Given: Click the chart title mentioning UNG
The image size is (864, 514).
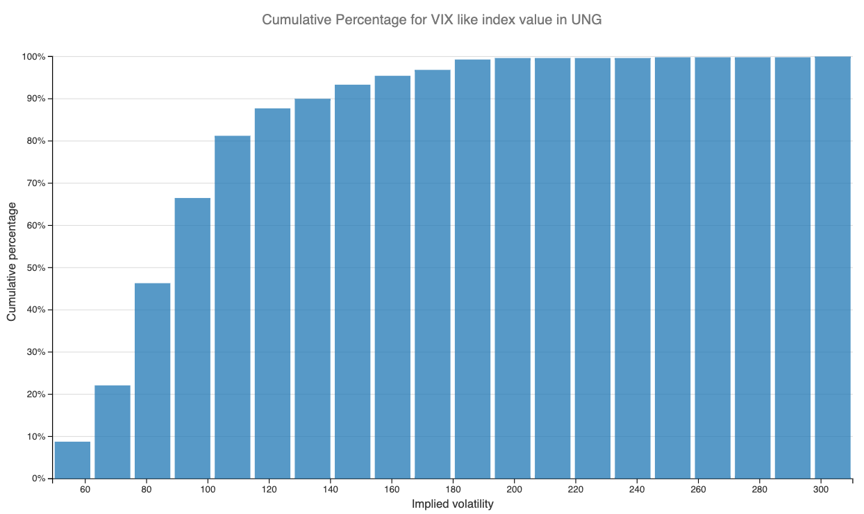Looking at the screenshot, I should pos(431,19).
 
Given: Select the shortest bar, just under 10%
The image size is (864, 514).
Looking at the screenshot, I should pos(72,460).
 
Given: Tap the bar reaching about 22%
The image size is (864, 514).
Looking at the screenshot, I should pos(113,431).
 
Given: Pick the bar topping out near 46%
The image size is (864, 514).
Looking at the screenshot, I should pos(152,381).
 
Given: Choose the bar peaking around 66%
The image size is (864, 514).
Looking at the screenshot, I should pos(192,338).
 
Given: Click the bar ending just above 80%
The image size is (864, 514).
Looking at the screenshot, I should pos(233,307).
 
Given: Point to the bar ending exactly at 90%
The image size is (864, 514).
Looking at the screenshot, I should pos(313,288).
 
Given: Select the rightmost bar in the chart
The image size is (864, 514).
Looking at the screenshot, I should pos(833,267).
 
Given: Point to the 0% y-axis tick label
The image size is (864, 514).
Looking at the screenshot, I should pos(39,479).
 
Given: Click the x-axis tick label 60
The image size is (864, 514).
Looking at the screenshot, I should pos(85,490).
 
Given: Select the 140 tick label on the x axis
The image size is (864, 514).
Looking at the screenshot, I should pos(331,490).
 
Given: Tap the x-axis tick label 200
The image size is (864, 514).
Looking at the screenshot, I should pos(515,490).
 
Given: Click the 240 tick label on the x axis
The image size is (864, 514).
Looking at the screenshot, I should pos(637,490).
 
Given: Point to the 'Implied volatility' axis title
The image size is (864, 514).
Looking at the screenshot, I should pos(452,504).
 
